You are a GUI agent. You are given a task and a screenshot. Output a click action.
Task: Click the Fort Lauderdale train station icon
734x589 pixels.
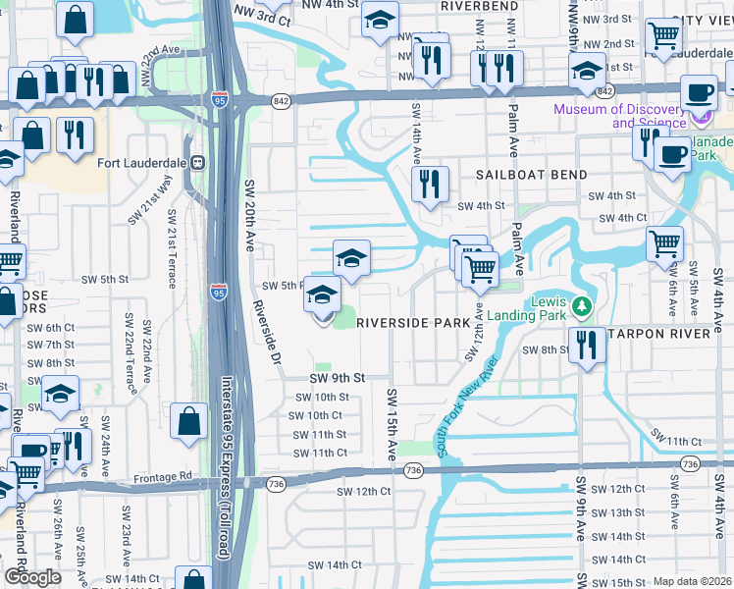coord(197,163)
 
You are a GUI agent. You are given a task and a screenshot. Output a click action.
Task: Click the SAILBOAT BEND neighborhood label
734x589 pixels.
coord(532,175)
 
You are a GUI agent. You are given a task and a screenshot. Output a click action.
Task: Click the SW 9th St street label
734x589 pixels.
coord(338,378)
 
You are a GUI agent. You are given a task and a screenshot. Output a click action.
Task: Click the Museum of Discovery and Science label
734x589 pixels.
coord(620,116)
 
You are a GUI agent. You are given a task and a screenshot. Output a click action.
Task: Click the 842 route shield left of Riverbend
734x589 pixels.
coord(283,101)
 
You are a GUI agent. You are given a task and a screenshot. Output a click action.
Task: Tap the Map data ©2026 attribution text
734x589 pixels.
coord(693,581)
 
